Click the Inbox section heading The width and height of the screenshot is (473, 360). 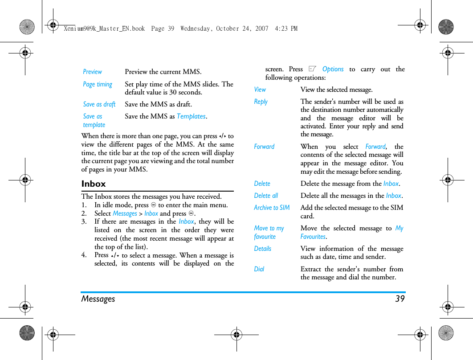click(94, 184)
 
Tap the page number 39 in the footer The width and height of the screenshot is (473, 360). click(400, 299)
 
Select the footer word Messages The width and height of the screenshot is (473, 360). click(98, 299)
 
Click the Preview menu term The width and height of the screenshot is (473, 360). click(92, 72)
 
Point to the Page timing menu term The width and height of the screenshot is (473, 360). click(98, 84)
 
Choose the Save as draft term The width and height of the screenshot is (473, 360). click(99, 104)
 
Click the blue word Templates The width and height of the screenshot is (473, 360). click(191, 116)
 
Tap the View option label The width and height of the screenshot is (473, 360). click(260, 90)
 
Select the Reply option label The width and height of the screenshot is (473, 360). click(261, 102)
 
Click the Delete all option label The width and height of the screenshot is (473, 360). click(266, 196)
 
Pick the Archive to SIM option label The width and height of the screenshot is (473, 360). click(272, 208)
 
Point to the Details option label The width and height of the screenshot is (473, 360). click(263, 249)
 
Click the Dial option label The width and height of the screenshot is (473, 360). click(259, 269)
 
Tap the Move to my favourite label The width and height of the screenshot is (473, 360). click(269, 232)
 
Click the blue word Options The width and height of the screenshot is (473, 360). click(333, 69)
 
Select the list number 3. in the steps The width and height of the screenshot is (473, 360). click(84, 221)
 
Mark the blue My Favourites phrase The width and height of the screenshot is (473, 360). click(313, 237)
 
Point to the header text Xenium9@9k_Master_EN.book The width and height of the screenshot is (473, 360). click(104, 29)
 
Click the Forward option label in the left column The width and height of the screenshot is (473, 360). click(264, 147)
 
